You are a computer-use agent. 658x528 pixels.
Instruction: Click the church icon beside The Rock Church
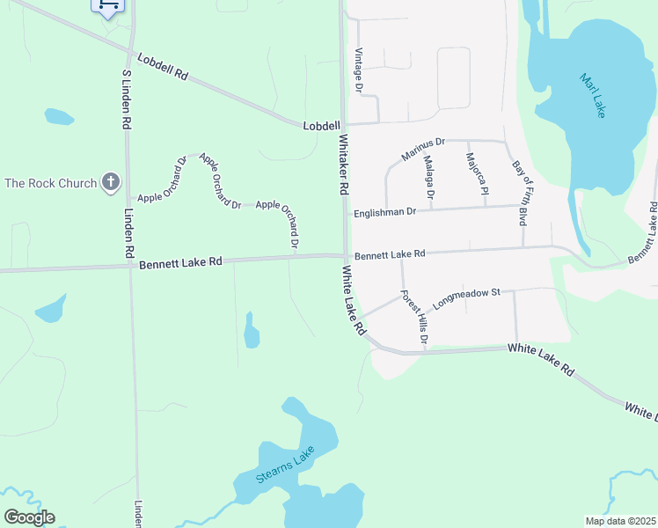click(x=110, y=183)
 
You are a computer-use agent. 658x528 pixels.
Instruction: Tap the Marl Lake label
click(x=594, y=96)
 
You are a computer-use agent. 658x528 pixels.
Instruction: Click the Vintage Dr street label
click(x=358, y=70)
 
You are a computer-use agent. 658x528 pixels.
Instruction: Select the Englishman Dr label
click(x=384, y=212)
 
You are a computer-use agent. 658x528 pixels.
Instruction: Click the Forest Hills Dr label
click(x=413, y=317)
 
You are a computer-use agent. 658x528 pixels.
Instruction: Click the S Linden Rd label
click(x=126, y=100)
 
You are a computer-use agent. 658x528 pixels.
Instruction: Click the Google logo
click(x=29, y=517)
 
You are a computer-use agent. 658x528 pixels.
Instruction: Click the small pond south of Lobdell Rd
click(x=58, y=116)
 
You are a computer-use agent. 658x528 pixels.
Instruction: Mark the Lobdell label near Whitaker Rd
click(x=321, y=126)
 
